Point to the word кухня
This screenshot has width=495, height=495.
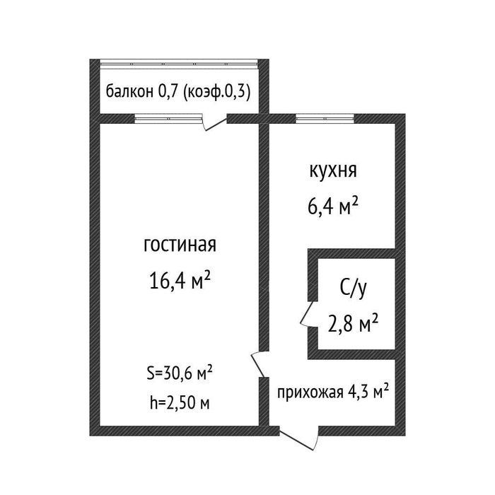[x=332, y=172]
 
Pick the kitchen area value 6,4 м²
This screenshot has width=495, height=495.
[x=332, y=207]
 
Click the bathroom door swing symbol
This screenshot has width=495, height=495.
[x=307, y=313]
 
